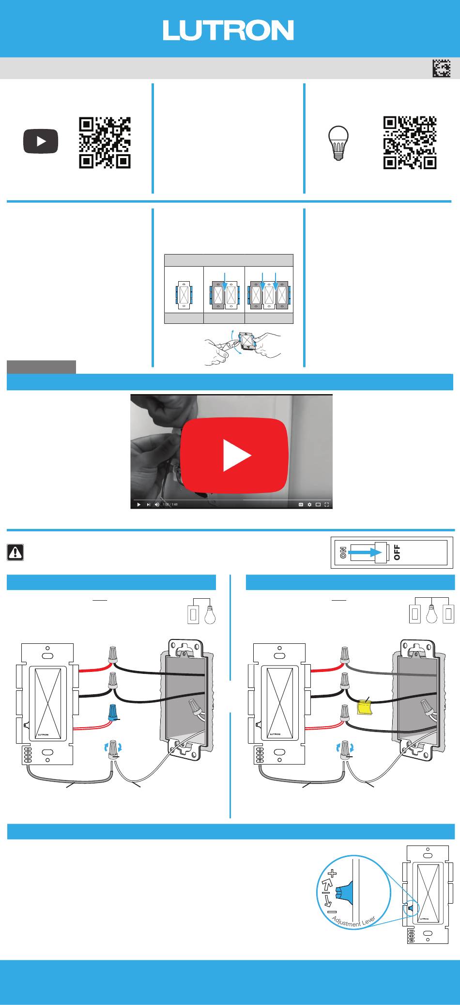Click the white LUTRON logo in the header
pos(228,30)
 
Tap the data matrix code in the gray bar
pos(441,69)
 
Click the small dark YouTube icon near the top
pos(41,142)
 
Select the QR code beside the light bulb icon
pos(410,143)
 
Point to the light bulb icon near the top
pos(338,143)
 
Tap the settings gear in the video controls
pos(309,505)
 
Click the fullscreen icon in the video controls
pos(327,505)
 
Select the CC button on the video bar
pos(301,505)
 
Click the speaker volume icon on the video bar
pos(157,505)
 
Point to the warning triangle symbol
pos(15,552)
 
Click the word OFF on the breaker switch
pos(397,552)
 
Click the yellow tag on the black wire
pos(364,708)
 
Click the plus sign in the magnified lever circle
pos(332,874)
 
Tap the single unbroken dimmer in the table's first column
pos(184,295)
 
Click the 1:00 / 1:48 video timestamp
pos(170,505)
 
